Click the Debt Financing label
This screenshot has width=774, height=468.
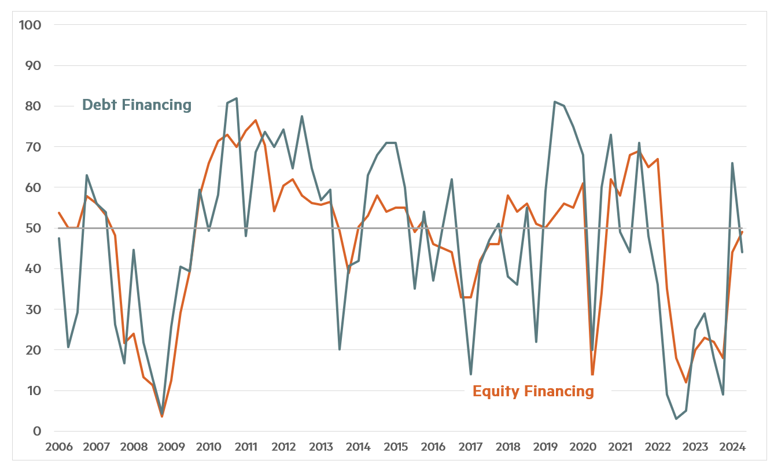[137, 105]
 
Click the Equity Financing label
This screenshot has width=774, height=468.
[533, 391]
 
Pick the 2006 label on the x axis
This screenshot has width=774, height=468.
[59, 447]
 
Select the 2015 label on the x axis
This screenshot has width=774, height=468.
[396, 447]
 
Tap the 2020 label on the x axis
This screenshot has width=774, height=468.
[583, 447]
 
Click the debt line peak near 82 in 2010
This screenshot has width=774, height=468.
[237, 98]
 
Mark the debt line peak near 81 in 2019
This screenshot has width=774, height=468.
[555, 102]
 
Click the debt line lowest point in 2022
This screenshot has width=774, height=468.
[676, 419]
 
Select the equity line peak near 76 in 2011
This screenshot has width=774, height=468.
[256, 120]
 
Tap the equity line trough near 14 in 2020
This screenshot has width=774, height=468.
[592, 374]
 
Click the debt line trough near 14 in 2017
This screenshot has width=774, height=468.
[471, 374]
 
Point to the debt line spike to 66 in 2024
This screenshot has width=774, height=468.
[732, 163]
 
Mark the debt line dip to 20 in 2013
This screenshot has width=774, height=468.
[340, 349]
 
